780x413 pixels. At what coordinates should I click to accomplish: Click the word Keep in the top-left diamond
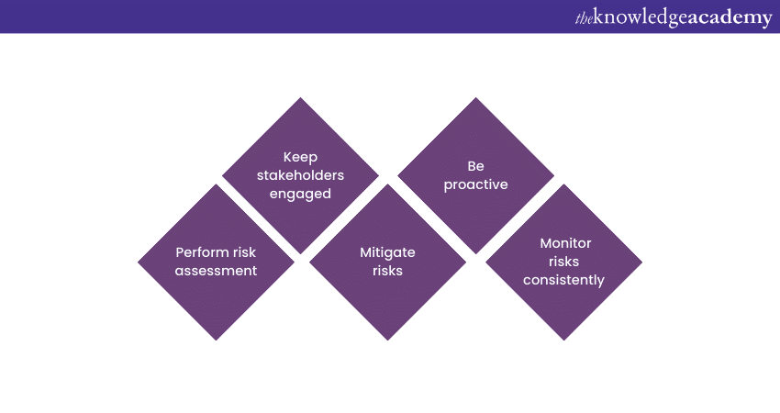coord(300,158)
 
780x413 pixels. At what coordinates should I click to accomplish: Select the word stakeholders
coord(300,175)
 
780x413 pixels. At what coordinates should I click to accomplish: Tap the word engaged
coord(300,194)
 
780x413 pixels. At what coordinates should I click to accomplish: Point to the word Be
coord(475,166)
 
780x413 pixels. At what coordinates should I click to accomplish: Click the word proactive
coord(475,184)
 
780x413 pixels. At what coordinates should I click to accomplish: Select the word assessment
coord(216,271)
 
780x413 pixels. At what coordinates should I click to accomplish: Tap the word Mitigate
coord(387,252)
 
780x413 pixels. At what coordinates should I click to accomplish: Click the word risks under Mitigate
coord(387,271)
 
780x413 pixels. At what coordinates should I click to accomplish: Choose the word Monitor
coord(565,243)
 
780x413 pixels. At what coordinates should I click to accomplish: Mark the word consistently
coord(563,280)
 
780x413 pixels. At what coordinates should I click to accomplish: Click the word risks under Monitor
coord(563,262)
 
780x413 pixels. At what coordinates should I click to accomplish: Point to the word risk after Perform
coord(245,252)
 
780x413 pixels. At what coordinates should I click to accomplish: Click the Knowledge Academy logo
coord(674,17)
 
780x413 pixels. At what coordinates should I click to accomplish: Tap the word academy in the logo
coord(730,18)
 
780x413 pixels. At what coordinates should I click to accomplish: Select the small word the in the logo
coord(584,19)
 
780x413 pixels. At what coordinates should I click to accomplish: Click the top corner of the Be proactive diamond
coord(475,97)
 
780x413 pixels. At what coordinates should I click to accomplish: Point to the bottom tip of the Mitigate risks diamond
coord(387,340)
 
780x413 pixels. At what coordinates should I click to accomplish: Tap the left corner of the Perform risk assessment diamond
coord(138,262)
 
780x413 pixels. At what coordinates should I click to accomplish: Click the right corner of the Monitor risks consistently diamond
coord(642,262)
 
